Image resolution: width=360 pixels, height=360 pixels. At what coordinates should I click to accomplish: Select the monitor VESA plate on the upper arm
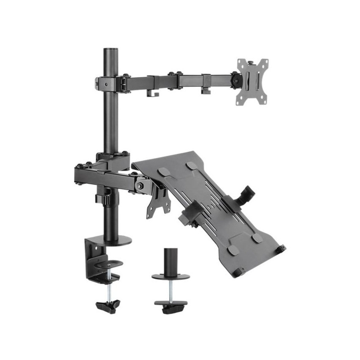[252, 81]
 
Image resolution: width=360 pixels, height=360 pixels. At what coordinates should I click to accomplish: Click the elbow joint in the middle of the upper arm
[174, 80]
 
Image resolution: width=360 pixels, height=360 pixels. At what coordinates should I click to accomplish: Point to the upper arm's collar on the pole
[110, 83]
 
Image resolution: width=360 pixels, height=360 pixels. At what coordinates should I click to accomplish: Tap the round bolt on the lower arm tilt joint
[142, 184]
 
